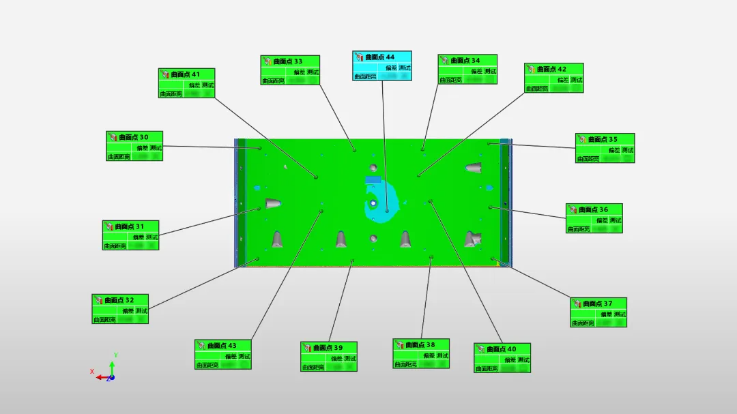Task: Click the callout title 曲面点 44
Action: coord(380,57)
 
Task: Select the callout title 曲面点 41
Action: coord(186,74)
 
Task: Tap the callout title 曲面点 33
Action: coord(289,61)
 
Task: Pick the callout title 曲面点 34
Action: coord(465,61)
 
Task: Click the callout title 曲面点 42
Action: coord(551,69)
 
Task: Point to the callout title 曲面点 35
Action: coord(603,139)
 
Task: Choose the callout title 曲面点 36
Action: coord(593,209)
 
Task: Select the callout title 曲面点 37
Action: coord(598,304)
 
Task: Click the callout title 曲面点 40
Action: coord(502,349)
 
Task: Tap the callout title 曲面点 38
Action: coord(420,345)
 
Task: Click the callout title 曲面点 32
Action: coord(119,300)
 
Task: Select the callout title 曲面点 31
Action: coord(130,226)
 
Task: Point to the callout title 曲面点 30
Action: coord(133,137)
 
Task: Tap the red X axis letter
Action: coord(92,372)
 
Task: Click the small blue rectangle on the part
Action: coord(373,180)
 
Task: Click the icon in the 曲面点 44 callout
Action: coord(358,57)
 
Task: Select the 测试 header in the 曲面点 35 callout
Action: coord(628,149)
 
